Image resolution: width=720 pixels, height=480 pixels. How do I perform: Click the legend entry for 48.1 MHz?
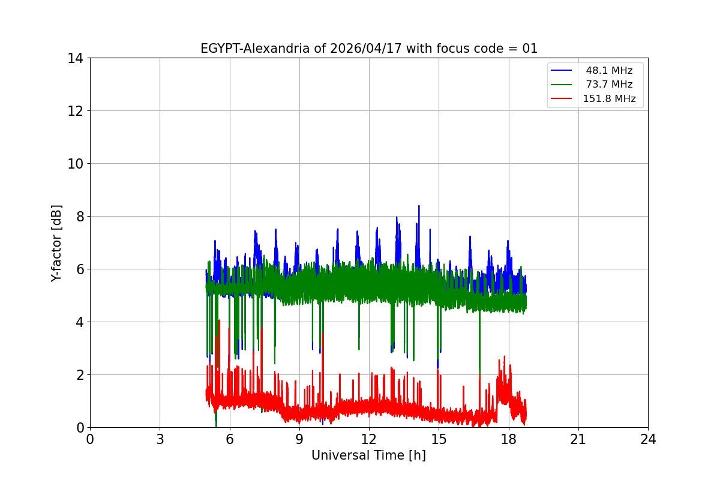[609, 71]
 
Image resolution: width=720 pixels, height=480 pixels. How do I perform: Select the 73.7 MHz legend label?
[609, 85]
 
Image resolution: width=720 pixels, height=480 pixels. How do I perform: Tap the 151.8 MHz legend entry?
[609, 99]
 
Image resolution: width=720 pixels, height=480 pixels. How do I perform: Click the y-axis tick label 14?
[75, 58]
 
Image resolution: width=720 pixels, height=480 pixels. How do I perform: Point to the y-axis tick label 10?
[75, 164]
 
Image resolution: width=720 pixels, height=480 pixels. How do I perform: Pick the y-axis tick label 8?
[79, 217]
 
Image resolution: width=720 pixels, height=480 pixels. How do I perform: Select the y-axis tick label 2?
[79, 375]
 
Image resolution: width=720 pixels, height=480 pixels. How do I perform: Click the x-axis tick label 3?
[160, 439]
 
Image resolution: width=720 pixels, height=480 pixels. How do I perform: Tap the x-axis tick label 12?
[369, 439]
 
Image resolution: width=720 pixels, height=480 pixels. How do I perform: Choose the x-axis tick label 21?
[578, 439]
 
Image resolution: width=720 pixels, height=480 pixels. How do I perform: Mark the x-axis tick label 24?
[648, 439]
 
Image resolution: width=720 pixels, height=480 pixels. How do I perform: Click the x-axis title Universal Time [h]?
[368, 455]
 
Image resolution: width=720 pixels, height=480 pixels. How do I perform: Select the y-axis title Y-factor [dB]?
[57, 243]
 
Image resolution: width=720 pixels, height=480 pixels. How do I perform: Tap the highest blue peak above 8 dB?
[419, 206]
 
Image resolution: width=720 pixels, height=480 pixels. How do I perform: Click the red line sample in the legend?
[563, 99]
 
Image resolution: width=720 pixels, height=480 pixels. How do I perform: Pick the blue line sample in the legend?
[563, 71]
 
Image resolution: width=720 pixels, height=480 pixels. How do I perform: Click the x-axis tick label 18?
[509, 439]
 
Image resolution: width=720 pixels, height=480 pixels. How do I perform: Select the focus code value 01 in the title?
[530, 49]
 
